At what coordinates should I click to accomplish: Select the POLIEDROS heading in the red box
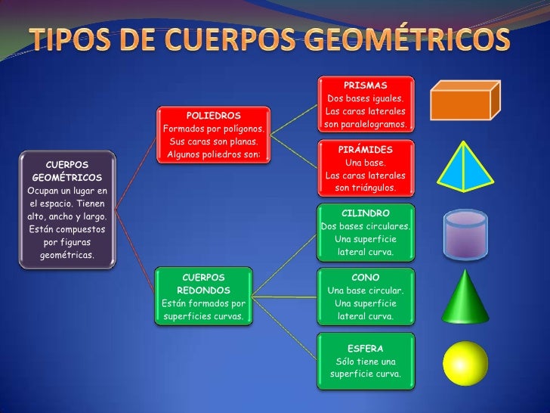(x=213, y=116)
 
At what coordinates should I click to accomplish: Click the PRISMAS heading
(x=366, y=85)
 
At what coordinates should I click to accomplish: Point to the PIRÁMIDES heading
(x=366, y=150)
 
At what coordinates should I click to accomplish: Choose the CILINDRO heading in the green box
(x=366, y=213)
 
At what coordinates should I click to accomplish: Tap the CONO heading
(x=366, y=278)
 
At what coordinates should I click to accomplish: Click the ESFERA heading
(x=366, y=349)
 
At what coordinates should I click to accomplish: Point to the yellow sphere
(x=465, y=365)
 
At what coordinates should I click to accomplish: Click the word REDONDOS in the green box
(x=203, y=290)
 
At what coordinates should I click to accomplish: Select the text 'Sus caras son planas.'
(x=214, y=142)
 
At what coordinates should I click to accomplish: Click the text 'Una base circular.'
(x=366, y=291)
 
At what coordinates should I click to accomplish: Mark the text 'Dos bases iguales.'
(x=366, y=99)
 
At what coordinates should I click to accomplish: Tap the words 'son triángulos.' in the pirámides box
(x=366, y=188)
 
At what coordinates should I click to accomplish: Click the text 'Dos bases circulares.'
(x=366, y=227)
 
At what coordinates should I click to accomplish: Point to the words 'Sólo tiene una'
(x=366, y=362)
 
